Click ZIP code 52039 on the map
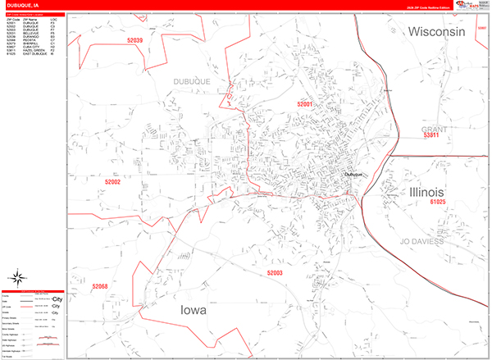pyautogui.click(x=131, y=41)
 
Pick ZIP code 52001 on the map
pyautogui.click(x=305, y=105)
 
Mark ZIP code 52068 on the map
pyautogui.click(x=100, y=286)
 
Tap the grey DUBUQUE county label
pyautogui.click(x=192, y=81)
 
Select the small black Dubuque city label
pyautogui.click(x=353, y=174)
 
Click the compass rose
pyautogui.click(x=17, y=278)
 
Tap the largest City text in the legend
pyautogui.click(x=57, y=300)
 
